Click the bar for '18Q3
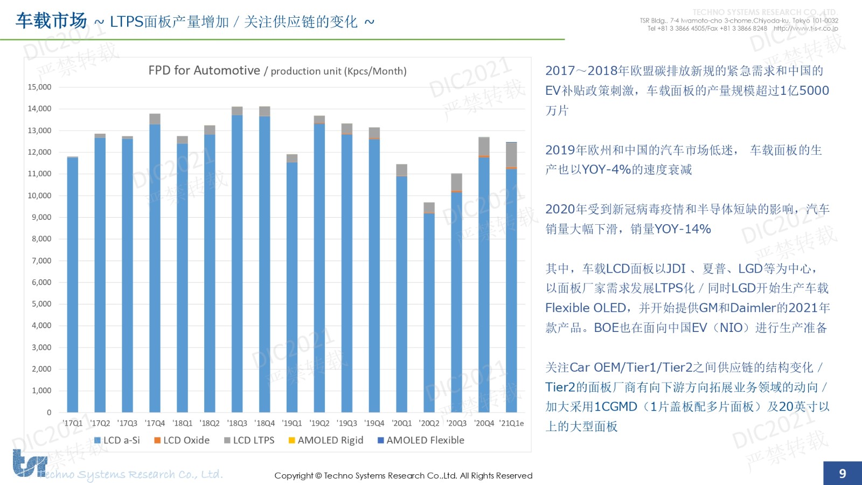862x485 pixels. tap(237, 264)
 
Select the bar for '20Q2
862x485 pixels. tap(429, 313)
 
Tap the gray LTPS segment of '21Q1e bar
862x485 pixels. tap(511, 155)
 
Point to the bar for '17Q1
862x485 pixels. tap(73, 286)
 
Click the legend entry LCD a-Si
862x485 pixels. tap(117, 440)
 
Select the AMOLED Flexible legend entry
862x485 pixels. tap(421, 440)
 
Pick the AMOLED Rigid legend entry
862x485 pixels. tap(326, 440)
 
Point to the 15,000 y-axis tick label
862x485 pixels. tap(40, 87)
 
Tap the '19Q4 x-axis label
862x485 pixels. tap(374, 423)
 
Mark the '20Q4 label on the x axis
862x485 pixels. tap(484, 423)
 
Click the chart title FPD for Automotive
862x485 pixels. tap(204, 71)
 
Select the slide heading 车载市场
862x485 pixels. tap(51, 21)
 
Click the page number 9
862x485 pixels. tap(843, 473)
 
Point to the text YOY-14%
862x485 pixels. tap(683, 229)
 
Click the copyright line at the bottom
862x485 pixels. tap(403, 475)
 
